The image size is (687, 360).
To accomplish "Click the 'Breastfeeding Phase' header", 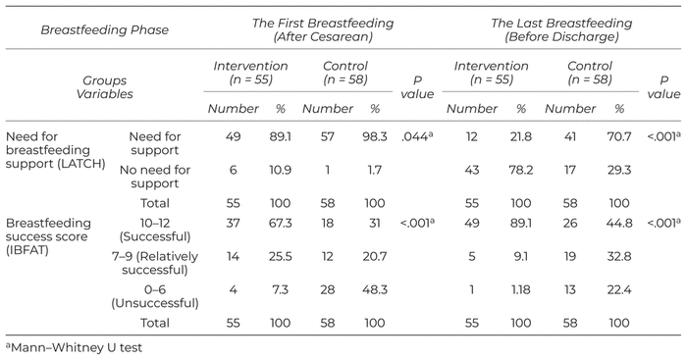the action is (104, 29).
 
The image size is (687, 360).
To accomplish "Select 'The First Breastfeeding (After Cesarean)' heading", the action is (323, 29).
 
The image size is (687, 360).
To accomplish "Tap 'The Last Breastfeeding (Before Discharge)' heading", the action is (561, 29).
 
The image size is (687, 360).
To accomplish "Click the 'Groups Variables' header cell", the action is (104, 87).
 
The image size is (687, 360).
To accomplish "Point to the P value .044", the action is (417, 136).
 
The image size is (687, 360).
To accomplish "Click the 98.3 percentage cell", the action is (375, 136).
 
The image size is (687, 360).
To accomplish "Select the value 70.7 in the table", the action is (619, 136).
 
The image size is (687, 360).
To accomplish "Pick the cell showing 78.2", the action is (520, 170).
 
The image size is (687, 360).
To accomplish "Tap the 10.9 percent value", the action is (280, 170).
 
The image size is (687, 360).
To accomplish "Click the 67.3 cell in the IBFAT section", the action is (280, 224).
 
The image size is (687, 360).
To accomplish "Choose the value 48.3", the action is (375, 290).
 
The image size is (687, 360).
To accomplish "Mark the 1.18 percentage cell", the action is (520, 290).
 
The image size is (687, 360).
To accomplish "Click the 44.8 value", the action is (619, 224).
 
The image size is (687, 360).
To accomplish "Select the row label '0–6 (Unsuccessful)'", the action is (155, 296).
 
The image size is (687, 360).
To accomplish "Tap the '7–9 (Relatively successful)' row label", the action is (155, 263).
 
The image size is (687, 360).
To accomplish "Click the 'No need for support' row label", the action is (155, 177).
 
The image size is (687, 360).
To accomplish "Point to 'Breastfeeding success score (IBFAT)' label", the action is (48, 236).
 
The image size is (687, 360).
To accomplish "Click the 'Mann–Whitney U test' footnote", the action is (74, 347).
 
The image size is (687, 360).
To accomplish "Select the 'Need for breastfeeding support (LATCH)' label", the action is (56, 150).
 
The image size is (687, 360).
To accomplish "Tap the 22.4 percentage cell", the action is (619, 290).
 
